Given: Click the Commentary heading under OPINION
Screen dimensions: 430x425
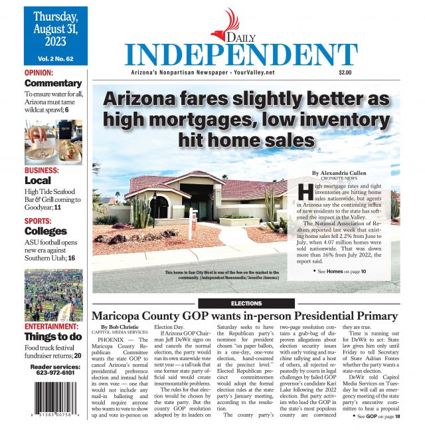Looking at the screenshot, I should pyautogui.click(x=53, y=84).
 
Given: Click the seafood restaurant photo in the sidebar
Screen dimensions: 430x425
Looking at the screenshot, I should pyautogui.click(x=53, y=143).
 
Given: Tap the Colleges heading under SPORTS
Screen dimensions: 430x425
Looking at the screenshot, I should pyautogui.click(x=46, y=231).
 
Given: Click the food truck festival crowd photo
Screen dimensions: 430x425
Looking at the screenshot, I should pyautogui.click(x=53, y=295).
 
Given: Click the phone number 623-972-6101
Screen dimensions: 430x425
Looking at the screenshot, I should pyautogui.click(x=53, y=373).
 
